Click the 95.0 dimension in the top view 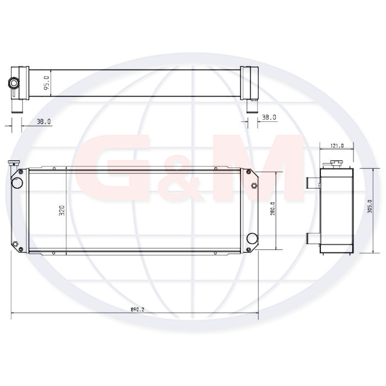pos(47,83)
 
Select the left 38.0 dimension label pos(44,122)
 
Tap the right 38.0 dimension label pos(269,117)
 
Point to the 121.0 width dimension pos(337,146)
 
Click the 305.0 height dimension pos(369,206)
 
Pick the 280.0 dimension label pos(272,209)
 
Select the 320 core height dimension pos(62,211)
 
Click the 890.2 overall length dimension pos(137,310)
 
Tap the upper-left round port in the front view pos(17,183)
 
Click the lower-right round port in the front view pos(252,238)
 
